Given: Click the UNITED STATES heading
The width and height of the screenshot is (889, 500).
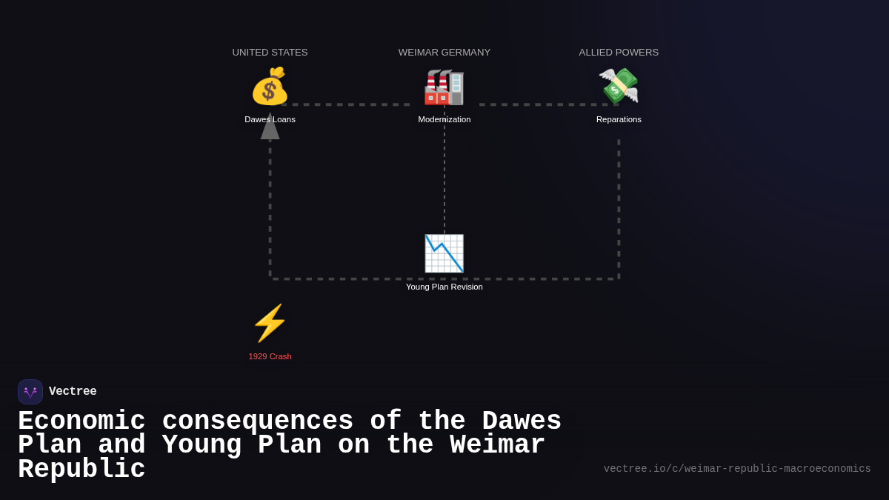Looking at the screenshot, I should pos(270,53).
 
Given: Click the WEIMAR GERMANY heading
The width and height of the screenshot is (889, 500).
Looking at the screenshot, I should pos(444,53).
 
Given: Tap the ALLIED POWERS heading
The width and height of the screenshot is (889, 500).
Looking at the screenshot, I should pos(619,53).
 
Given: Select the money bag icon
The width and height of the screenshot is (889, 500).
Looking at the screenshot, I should pos(270,87).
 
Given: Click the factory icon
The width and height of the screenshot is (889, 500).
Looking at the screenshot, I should pos(444,87).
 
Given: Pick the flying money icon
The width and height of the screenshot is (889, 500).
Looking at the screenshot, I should pos(619,86).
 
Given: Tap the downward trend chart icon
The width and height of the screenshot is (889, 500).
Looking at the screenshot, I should pos(444,253).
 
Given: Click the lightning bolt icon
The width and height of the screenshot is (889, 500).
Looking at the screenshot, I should pos(270,323).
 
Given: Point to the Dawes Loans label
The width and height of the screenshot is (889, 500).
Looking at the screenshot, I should pos(270,119).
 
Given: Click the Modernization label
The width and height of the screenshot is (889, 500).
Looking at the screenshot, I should pos(444,119).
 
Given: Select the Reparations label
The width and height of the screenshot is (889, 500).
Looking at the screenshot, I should pos(619,119).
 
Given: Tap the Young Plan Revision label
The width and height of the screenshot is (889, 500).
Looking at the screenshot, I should pos(444,287).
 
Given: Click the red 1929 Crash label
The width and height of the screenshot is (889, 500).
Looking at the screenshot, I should pos(270,356).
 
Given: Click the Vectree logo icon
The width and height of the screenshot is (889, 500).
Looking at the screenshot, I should pos(30,392).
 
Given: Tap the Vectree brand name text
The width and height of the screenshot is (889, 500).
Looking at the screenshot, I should pos(73,392).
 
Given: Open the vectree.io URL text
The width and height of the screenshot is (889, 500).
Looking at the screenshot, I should pos(737,469).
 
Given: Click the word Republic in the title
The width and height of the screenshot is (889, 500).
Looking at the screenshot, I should pos(81,470).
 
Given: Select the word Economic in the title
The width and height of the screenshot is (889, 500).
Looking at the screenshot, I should pos(81,421).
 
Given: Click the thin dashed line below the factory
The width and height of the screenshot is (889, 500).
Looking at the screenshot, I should pos(444,178).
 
